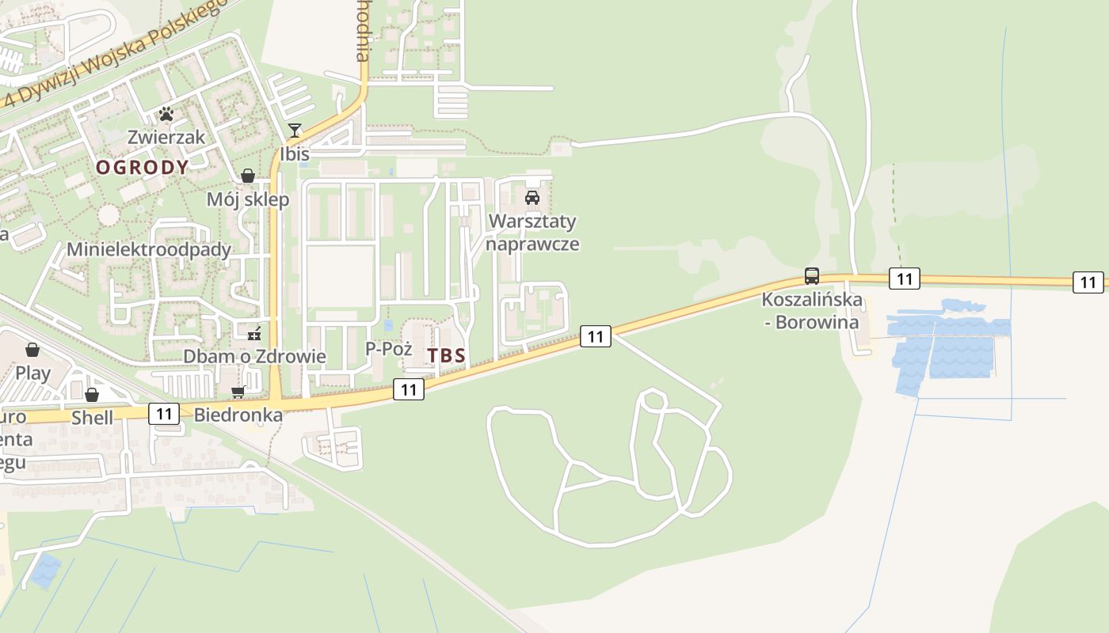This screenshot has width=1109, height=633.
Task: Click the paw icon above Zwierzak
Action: (x=166, y=114)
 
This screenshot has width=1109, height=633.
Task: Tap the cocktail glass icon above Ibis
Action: (x=295, y=131)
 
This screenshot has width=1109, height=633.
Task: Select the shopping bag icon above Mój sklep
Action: (x=248, y=176)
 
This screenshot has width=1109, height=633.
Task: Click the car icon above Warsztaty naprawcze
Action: (x=532, y=198)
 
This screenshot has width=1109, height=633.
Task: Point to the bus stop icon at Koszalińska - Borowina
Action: (x=812, y=276)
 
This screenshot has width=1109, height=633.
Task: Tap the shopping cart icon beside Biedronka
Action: (x=238, y=392)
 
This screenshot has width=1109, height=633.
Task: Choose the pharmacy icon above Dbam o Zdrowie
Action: (x=254, y=334)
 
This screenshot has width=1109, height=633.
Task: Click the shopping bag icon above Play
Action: (x=32, y=349)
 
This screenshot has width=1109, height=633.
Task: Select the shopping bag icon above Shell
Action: (x=92, y=394)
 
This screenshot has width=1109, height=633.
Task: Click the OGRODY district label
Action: (x=143, y=167)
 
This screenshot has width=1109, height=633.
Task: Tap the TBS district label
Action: (x=447, y=356)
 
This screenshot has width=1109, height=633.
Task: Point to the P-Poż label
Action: (x=388, y=348)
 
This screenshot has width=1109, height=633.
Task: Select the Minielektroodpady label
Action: (x=149, y=250)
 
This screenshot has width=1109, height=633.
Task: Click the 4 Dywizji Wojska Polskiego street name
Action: (x=119, y=51)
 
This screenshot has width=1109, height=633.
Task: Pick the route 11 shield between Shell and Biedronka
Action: (x=164, y=413)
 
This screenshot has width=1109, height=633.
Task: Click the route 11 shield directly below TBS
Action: (x=409, y=389)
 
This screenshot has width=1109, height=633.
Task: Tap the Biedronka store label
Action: (x=238, y=415)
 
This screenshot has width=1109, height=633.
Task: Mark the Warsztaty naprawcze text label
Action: (x=532, y=233)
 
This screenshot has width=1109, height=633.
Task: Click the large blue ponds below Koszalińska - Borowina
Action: (x=947, y=348)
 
